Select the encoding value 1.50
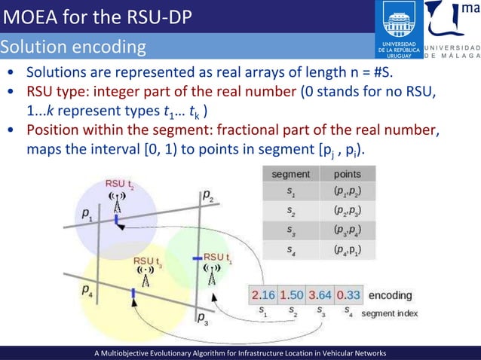[x=293, y=295]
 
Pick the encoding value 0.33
[x=348, y=295]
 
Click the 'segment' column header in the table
[x=290, y=175]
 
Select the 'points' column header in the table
[x=346, y=175]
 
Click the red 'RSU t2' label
[x=119, y=184]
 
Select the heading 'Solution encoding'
[x=73, y=47]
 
